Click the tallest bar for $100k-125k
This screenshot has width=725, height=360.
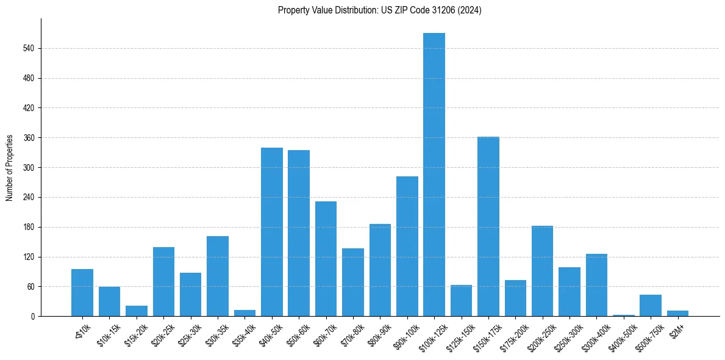pyautogui.click(x=434, y=175)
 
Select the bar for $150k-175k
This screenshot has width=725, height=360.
pyautogui.click(x=488, y=226)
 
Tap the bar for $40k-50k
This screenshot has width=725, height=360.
pyautogui.click(x=271, y=232)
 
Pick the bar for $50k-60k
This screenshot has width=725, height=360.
pyautogui.click(x=299, y=233)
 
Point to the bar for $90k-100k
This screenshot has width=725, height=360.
pyautogui.click(x=407, y=246)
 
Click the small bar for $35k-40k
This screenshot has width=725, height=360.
pyautogui.click(x=245, y=313)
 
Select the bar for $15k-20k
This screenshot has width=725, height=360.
pyautogui.click(x=137, y=311)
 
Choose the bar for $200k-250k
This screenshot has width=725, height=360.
pyautogui.click(x=542, y=271)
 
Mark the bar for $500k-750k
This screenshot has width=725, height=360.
pyautogui.click(x=650, y=306)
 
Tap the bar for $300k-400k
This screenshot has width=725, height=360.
pyautogui.click(x=596, y=285)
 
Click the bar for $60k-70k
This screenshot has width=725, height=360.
pyautogui.click(x=326, y=259)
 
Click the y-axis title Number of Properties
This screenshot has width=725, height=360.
pyautogui.click(x=10, y=167)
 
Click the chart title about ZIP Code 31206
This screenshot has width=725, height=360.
pyautogui.click(x=379, y=10)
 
